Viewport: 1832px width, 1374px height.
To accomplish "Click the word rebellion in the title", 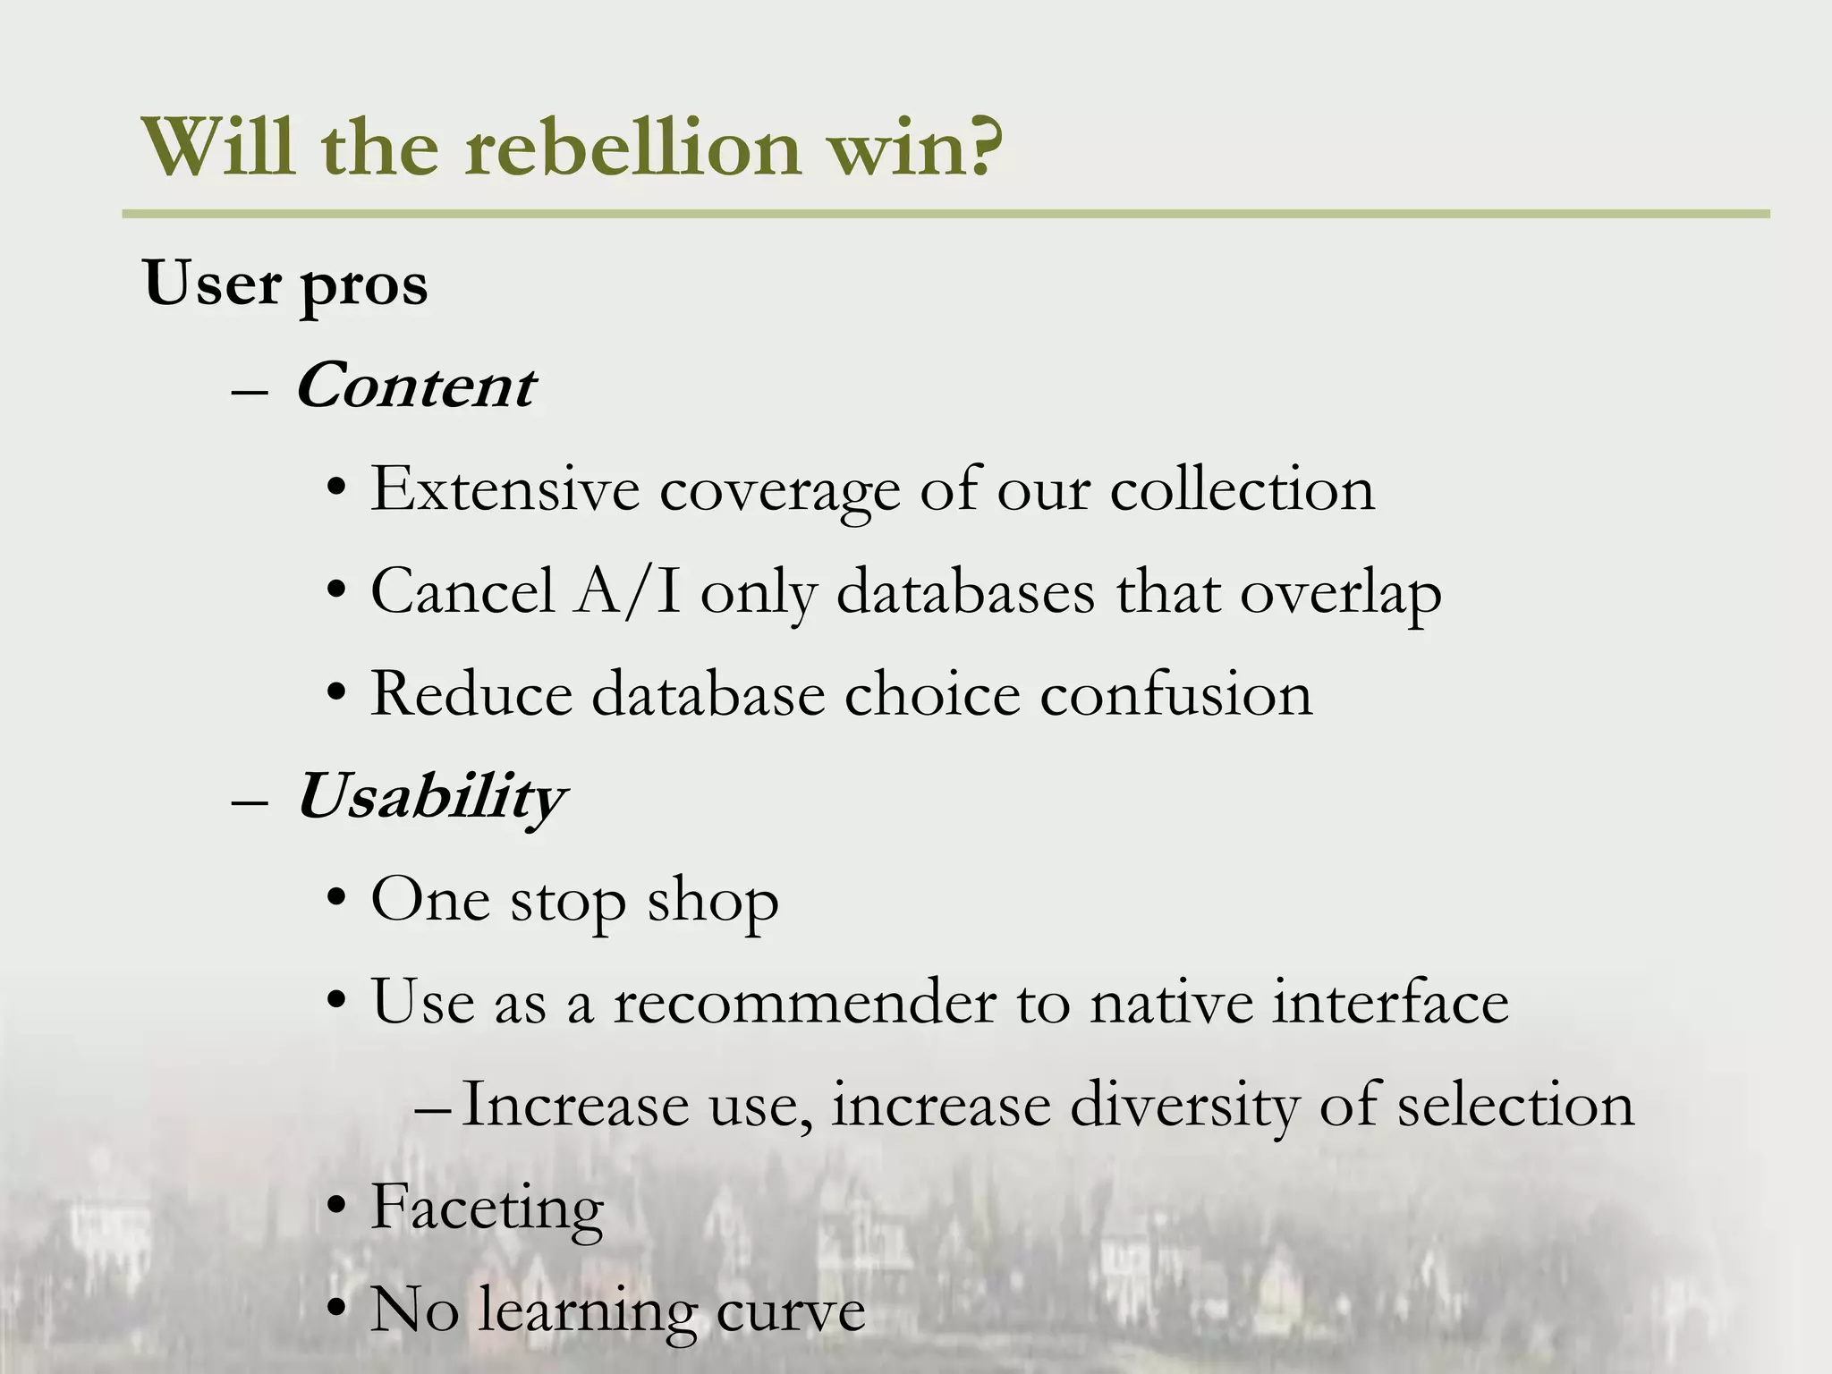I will (x=632, y=148).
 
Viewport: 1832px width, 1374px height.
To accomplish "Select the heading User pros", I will (x=285, y=284).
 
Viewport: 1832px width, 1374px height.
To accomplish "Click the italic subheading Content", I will (x=416, y=387).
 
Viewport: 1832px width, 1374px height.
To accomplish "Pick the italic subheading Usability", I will (x=430, y=797).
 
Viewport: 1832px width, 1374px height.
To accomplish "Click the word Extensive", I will (x=505, y=489).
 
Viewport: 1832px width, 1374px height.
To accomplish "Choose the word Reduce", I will (x=471, y=694).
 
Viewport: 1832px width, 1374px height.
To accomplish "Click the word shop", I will (x=713, y=902).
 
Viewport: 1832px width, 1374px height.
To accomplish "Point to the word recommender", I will (x=804, y=1002).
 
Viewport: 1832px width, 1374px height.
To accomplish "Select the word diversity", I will (x=1184, y=1106).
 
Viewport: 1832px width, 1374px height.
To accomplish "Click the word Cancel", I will (x=462, y=591).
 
